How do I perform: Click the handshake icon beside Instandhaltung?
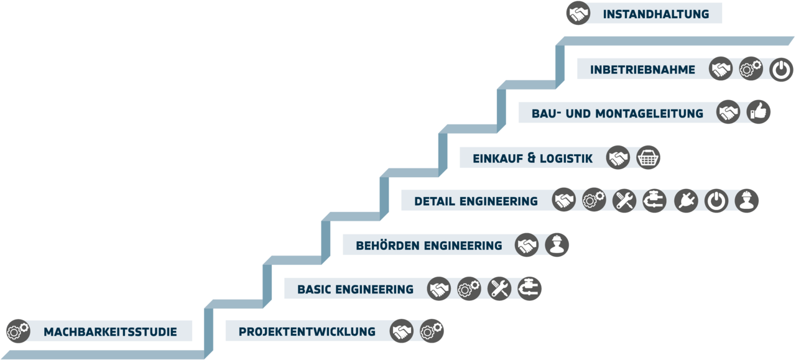click(578, 13)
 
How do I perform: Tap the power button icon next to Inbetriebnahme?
click(781, 69)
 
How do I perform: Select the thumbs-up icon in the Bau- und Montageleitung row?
click(759, 112)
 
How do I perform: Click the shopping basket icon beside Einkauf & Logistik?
click(649, 157)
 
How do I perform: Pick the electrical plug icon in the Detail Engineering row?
click(686, 201)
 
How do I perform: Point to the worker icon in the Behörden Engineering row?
click(557, 245)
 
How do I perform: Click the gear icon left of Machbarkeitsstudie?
click(18, 331)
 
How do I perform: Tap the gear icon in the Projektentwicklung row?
click(432, 331)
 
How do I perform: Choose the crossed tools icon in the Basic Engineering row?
click(499, 288)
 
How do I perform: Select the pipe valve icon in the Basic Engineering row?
click(530, 288)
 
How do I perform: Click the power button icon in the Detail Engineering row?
click(716, 201)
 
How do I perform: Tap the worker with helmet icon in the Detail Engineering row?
click(747, 201)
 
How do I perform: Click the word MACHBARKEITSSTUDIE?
click(110, 332)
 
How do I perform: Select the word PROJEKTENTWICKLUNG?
click(307, 331)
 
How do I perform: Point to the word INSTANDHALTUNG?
click(655, 14)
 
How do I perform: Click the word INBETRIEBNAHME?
click(642, 70)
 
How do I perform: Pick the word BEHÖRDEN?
click(387, 246)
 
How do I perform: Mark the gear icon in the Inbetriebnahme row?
click(751, 69)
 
